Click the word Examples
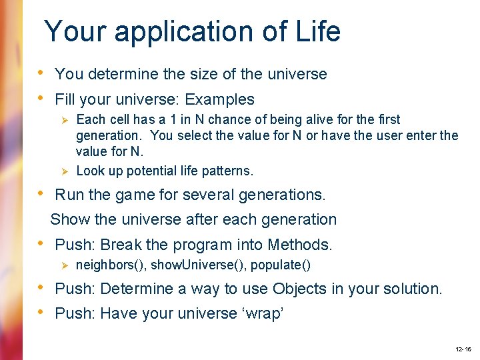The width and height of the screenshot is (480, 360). pyautogui.click(x=219, y=100)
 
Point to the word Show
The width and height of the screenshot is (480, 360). pyautogui.click(x=68, y=219)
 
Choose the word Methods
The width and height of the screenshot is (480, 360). pyautogui.click(x=299, y=245)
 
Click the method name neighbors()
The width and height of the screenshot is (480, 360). pyautogui.click(x=111, y=265)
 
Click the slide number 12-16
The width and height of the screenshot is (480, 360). pyautogui.click(x=463, y=349)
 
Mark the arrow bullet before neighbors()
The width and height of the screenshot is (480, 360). pyautogui.click(x=65, y=265)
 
